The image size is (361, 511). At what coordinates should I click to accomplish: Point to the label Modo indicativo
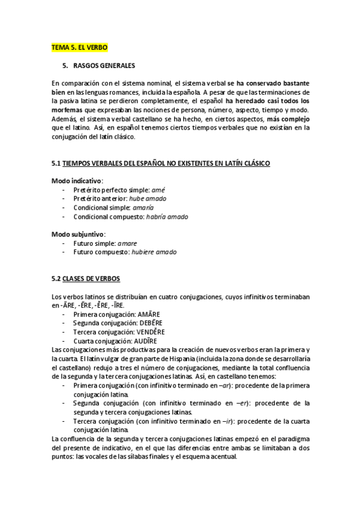tap(77, 181)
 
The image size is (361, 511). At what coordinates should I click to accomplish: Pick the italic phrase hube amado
tap(148, 198)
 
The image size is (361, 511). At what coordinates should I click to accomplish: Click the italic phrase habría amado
tap(166, 216)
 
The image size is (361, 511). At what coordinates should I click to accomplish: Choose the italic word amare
tap(127, 243)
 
